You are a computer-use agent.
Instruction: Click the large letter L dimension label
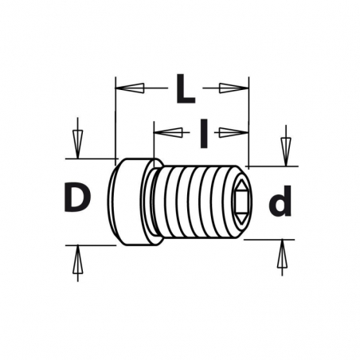(x=186, y=88)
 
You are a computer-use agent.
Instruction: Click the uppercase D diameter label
(x=77, y=197)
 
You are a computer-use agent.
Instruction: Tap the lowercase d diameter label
(x=280, y=201)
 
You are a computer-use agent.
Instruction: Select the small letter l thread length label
(x=204, y=133)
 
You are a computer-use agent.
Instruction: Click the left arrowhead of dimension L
(x=130, y=88)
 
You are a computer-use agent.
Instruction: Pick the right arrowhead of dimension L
(x=234, y=88)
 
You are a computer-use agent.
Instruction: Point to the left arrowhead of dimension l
(x=168, y=132)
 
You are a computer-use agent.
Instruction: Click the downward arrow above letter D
(x=77, y=144)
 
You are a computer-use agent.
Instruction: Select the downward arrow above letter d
(x=286, y=151)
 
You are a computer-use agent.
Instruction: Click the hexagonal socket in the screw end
(x=241, y=200)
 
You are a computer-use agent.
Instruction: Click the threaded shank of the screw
(x=198, y=202)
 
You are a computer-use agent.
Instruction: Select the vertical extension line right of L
(x=248, y=122)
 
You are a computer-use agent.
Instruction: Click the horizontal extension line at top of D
(x=92, y=158)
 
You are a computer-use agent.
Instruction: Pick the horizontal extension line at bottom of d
(x=269, y=240)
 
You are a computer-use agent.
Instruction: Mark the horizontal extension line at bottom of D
(x=91, y=245)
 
